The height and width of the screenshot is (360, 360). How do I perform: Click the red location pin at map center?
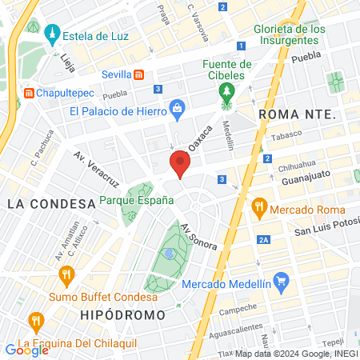coord(179,165)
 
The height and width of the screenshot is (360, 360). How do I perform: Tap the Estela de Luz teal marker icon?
coord(53,34)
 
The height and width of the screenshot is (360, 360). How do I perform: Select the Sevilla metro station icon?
coord(139,74)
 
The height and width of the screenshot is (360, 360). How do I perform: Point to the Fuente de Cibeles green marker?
coord(227,91)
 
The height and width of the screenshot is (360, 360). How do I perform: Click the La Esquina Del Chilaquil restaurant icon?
coord(35,322)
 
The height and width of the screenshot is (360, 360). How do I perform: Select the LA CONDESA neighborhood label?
coord(51,203)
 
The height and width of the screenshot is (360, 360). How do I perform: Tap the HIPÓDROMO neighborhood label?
coord(122,314)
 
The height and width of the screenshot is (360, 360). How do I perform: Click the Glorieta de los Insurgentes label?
coord(290,35)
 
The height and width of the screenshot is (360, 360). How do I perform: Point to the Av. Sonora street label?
coord(199,236)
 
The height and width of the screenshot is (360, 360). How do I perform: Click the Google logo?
coord(27,349)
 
